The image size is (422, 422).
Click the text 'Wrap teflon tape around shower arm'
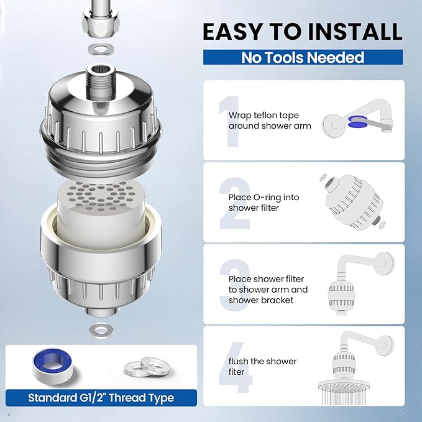270,121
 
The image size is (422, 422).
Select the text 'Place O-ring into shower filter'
264,203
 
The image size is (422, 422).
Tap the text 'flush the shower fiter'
263,367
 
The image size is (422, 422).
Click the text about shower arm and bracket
268,290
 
